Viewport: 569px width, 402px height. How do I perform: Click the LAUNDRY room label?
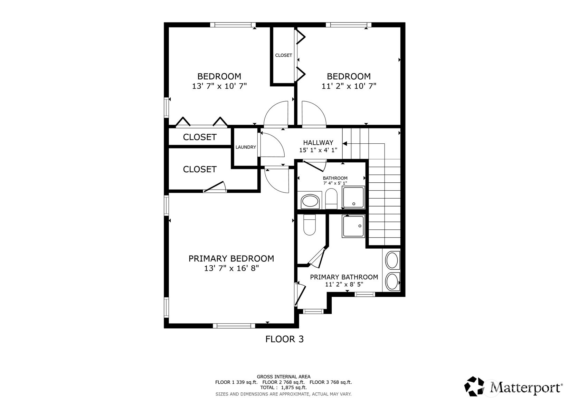[246, 147]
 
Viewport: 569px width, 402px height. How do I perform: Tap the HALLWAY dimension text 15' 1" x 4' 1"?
[318, 150]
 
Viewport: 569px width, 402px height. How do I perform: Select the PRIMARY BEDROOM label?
[231, 258]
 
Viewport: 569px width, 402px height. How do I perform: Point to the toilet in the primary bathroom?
[310, 225]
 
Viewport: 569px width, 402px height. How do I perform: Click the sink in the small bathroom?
[310, 201]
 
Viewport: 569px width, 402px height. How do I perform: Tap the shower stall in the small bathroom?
[353, 198]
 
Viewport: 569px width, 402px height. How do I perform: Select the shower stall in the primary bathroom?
[353, 226]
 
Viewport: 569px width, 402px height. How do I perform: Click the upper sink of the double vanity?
[392, 260]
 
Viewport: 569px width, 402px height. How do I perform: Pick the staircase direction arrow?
[345, 143]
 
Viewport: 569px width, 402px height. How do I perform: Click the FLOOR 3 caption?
[284, 339]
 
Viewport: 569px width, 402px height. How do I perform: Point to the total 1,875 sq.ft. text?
[283, 387]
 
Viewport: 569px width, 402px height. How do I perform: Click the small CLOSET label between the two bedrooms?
[283, 55]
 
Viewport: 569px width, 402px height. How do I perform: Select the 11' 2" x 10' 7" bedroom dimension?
[349, 86]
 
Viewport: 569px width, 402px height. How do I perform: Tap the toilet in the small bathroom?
[331, 199]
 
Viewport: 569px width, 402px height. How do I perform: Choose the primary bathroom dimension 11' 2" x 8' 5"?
[344, 285]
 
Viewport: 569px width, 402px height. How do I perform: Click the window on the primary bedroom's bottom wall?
[234, 325]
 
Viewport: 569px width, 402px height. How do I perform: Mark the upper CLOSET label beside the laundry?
[200, 137]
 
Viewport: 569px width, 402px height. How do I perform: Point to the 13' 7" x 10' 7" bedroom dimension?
[219, 86]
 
